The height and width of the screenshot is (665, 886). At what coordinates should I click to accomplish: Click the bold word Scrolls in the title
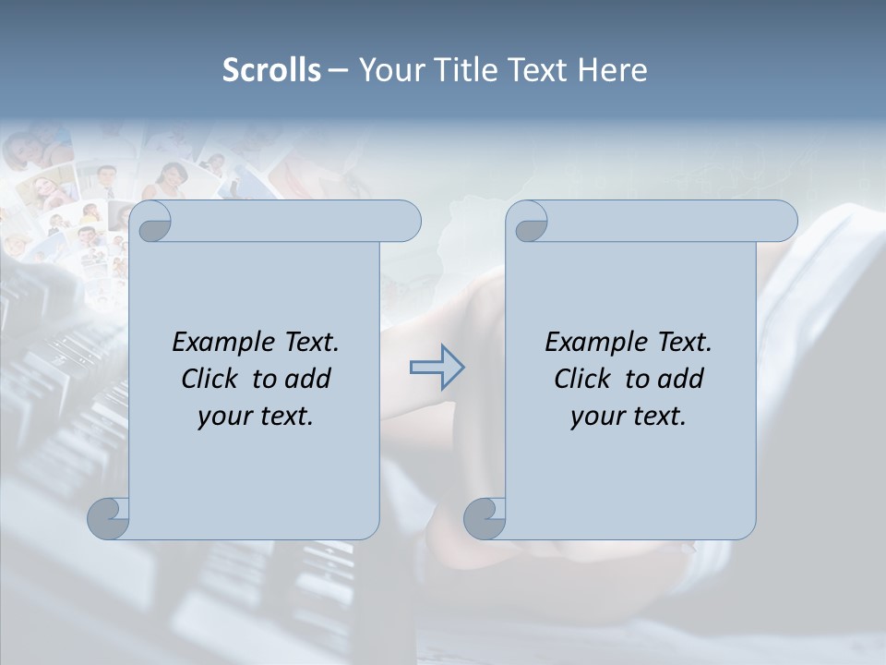272,70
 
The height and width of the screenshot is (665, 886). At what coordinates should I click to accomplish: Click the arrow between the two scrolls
437,368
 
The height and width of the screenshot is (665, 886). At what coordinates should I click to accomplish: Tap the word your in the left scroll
223,417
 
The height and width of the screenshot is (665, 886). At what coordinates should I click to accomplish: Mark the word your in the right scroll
596,417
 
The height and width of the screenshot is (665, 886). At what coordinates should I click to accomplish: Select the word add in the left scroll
308,379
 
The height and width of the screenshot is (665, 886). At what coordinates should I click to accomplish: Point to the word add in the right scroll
681,379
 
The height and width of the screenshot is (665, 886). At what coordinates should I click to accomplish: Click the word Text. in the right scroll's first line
684,342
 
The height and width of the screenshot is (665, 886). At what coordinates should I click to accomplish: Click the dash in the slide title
338,70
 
